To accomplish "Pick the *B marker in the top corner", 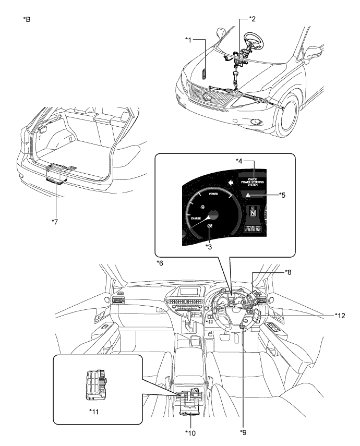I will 27,19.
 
